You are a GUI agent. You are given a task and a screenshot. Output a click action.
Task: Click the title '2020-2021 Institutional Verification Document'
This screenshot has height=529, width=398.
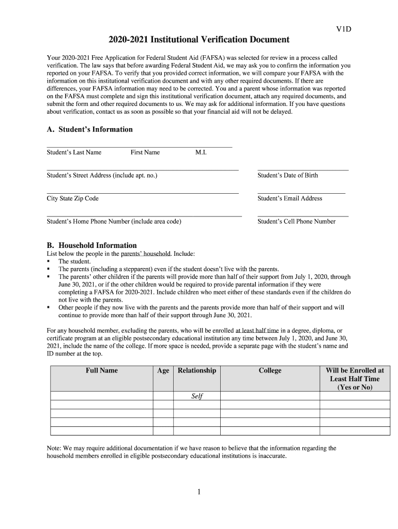tap(199, 40)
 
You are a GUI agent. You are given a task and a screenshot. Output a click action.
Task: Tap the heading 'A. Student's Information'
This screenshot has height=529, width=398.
tap(89, 129)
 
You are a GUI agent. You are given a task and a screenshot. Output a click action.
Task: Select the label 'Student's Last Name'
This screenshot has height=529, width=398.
tap(74, 152)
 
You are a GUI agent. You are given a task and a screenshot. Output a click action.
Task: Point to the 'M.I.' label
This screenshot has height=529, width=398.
tap(201, 152)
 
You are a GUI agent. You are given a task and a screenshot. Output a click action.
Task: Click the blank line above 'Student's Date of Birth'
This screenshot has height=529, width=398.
tap(302, 170)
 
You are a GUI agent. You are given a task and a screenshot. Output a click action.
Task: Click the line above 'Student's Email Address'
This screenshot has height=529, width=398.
tap(301, 193)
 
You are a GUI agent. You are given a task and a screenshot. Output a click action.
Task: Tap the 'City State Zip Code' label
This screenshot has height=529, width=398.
tap(72, 198)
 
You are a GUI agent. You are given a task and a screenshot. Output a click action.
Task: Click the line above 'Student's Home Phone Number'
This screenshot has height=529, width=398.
tap(144, 216)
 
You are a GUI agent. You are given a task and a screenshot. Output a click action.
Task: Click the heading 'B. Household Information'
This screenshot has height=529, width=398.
tap(91, 245)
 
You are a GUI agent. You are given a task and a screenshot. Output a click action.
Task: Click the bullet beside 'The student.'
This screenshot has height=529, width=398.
tap(49, 261)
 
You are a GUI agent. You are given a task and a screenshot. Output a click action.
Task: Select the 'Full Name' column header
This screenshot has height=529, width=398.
tap(102, 370)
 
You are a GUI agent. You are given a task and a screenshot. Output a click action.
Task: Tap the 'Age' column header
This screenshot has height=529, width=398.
tap(163, 370)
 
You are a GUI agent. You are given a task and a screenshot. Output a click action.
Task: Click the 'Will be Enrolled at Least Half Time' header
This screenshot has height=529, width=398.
tap(355, 379)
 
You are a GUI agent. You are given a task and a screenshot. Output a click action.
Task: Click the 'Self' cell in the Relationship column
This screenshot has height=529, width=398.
tap(197, 396)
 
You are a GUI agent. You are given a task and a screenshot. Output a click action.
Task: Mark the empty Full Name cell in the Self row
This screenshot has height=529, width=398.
tap(102, 396)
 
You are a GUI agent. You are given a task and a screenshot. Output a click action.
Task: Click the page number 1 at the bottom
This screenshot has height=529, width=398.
tap(198, 492)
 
